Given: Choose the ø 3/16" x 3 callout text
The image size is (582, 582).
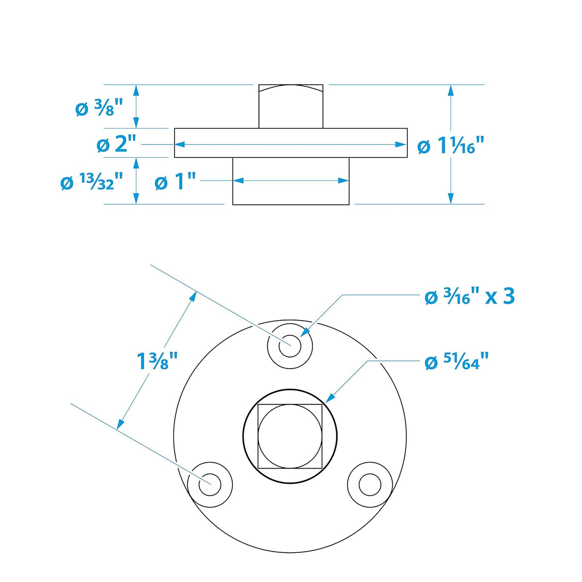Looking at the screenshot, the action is (470, 297).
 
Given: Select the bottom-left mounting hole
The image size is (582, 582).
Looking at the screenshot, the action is (210, 485).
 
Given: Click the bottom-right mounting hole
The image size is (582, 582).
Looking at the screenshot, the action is (370, 485).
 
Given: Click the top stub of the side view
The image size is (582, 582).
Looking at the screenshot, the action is (291, 106).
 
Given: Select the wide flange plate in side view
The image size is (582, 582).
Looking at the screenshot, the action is (291, 143).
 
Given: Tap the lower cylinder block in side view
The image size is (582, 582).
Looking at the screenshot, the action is (291, 181).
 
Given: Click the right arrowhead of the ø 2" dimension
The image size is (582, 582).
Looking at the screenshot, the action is (401, 145).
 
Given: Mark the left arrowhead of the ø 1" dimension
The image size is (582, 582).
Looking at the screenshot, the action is (239, 180).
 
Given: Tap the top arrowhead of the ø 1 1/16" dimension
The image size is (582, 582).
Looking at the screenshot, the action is (451, 90).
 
